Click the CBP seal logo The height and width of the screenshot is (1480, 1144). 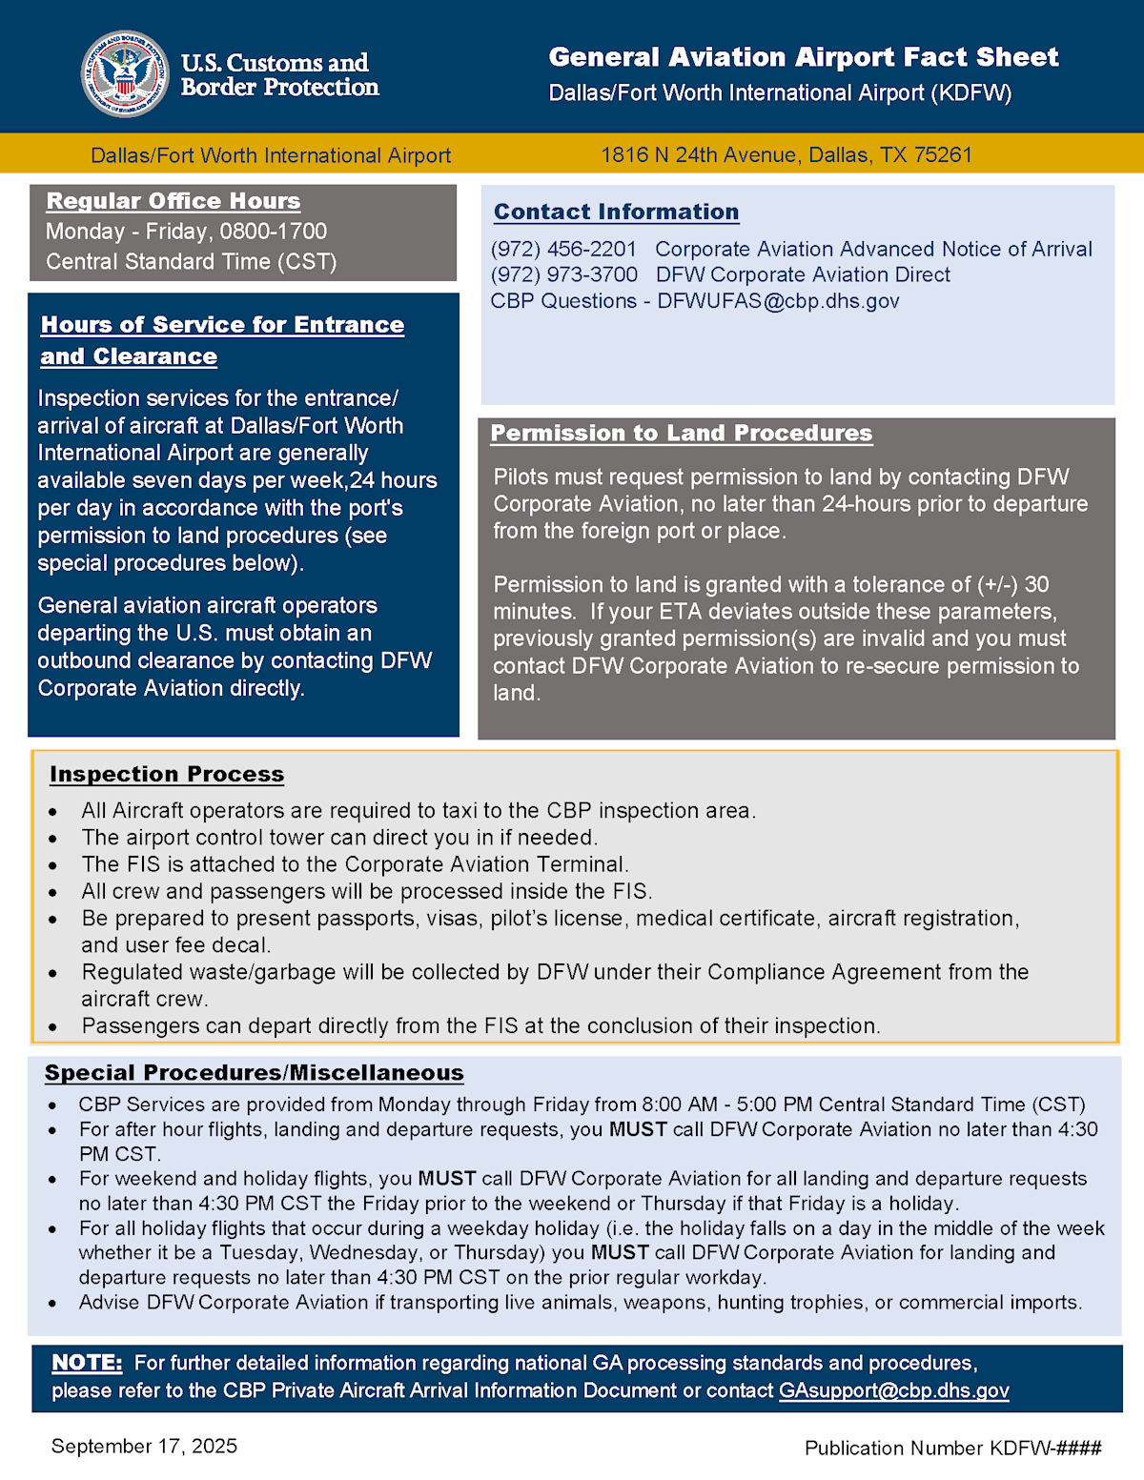click(x=125, y=74)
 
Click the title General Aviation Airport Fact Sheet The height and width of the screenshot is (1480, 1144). click(x=803, y=57)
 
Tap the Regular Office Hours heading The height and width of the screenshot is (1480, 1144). click(x=174, y=201)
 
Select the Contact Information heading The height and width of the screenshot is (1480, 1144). click(x=616, y=212)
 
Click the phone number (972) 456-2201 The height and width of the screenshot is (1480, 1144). click(x=563, y=250)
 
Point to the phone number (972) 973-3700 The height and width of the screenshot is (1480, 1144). click(x=564, y=275)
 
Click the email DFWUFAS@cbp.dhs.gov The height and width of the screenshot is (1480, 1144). click(x=778, y=301)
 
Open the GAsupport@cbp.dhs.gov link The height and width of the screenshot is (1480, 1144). click(x=893, y=1390)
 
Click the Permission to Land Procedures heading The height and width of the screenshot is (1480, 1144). click(x=681, y=434)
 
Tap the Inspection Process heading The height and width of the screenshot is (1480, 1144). click(x=167, y=775)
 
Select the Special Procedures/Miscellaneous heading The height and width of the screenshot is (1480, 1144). click(x=254, y=1073)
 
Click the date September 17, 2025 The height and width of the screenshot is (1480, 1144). click(x=144, y=1447)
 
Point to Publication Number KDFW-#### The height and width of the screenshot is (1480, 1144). click(x=952, y=1449)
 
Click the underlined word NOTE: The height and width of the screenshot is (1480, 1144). click(x=87, y=1363)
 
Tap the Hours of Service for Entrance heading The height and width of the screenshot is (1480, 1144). click(x=222, y=325)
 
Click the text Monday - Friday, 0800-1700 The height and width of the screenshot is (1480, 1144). click(x=186, y=232)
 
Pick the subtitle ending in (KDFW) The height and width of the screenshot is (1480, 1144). click(x=780, y=93)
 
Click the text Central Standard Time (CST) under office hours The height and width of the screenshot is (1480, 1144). click(x=191, y=262)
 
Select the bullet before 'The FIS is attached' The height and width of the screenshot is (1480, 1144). click(x=53, y=865)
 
